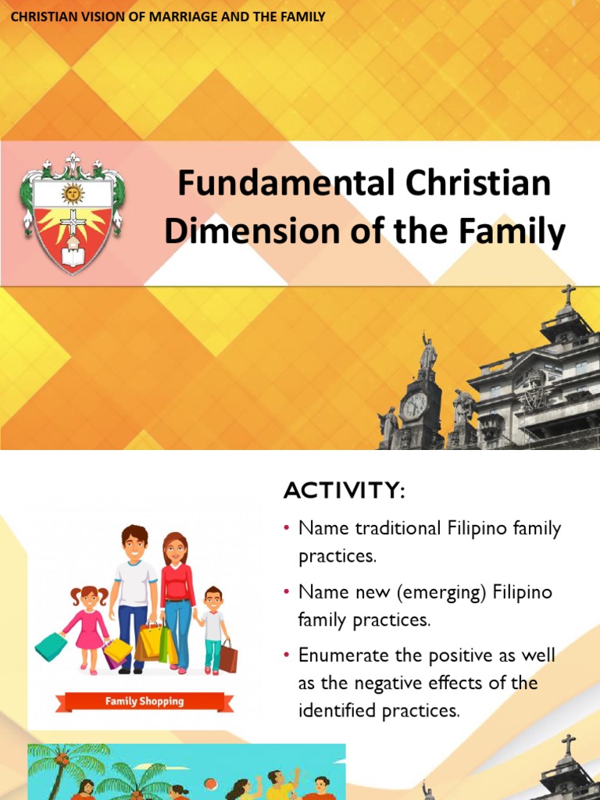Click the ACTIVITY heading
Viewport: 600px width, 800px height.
tap(344, 491)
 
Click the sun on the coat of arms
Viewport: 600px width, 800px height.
tap(73, 193)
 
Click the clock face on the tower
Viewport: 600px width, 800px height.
tap(414, 405)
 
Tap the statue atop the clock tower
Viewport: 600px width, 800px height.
tap(427, 353)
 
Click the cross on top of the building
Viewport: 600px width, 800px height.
tap(568, 295)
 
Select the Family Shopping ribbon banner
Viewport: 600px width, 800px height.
tap(145, 701)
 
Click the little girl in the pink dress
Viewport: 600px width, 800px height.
tap(88, 621)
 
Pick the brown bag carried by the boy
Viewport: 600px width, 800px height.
tap(228, 656)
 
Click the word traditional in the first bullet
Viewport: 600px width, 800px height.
tap(396, 529)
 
